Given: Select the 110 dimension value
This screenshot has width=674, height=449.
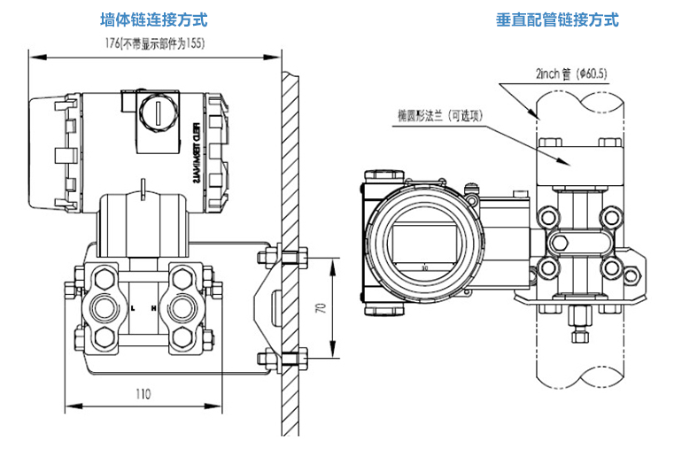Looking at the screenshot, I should click(144, 392).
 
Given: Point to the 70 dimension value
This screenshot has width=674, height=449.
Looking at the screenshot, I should click(322, 308).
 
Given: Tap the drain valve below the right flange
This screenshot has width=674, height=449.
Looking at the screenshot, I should click(579, 321).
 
